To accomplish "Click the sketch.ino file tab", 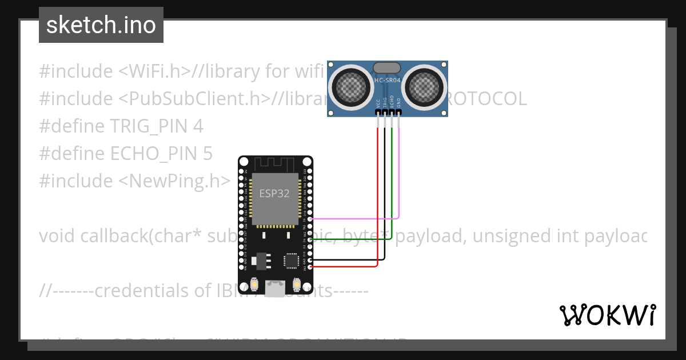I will [x=101, y=25].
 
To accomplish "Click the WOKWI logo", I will [x=607, y=315].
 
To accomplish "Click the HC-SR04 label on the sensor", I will [x=387, y=81].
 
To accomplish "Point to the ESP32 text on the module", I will [x=274, y=193].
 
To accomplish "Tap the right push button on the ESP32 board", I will [x=296, y=284].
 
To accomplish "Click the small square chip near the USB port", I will [x=291, y=261].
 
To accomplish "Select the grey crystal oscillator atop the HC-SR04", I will [x=387, y=67].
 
